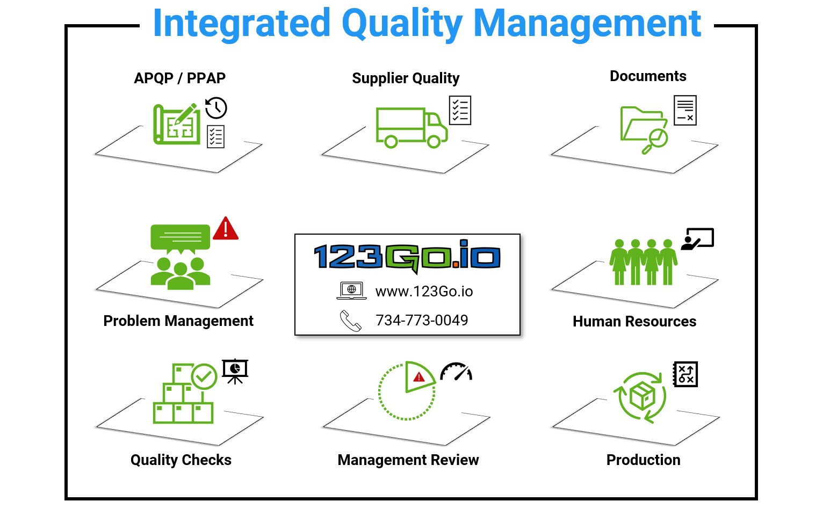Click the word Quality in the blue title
click(x=402, y=25)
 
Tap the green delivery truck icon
click(x=412, y=128)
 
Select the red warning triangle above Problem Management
click(x=225, y=228)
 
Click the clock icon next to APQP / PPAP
click(x=216, y=108)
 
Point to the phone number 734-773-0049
click(x=422, y=320)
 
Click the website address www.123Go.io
click(x=424, y=292)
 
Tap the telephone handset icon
click(x=350, y=321)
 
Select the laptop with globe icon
click(x=351, y=290)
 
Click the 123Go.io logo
click(x=407, y=256)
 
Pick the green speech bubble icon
click(x=181, y=239)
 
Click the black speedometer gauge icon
click(x=456, y=372)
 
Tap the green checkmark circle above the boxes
click(x=204, y=376)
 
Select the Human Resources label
click(x=634, y=321)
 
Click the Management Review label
click(x=408, y=460)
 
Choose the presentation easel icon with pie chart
click(x=235, y=372)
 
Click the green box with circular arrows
click(x=640, y=397)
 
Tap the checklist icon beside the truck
click(x=460, y=111)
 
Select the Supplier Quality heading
click(x=406, y=78)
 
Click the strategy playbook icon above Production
click(x=685, y=374)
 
